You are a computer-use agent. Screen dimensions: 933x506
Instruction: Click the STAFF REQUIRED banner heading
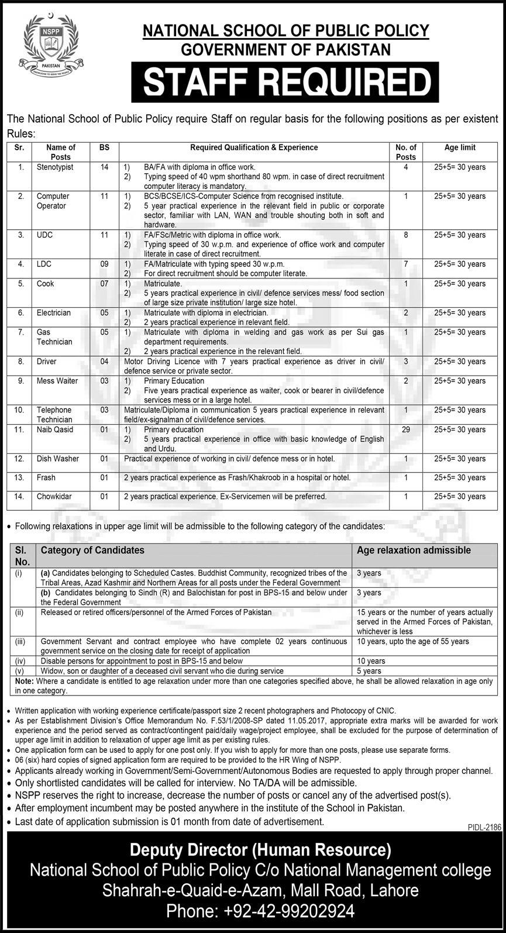point(287,82)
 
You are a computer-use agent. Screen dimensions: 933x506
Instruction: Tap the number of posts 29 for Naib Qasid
point(405,429)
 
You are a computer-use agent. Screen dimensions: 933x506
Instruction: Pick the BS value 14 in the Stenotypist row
point(105,167)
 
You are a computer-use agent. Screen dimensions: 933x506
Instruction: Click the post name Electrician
point(53,313)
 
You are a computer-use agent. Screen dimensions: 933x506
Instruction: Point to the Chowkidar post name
point(54,497)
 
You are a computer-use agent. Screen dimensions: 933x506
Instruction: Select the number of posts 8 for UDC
point(405,235)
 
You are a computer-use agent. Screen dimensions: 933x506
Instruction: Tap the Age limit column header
point(460,148)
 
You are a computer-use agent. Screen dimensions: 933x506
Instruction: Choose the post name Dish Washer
point(57,459)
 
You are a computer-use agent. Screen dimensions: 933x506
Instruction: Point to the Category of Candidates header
point(92,550)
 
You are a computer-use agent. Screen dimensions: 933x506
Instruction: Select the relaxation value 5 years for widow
point(369,671)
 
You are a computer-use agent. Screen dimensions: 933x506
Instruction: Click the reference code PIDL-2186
point(483,827)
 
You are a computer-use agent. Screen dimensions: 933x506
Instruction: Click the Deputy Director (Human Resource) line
point(260,849)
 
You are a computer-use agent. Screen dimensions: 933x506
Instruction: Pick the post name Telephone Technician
point(54,415)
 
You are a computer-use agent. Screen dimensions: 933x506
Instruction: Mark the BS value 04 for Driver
point(105,362)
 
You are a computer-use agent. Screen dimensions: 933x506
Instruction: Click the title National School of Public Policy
point(287,30)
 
